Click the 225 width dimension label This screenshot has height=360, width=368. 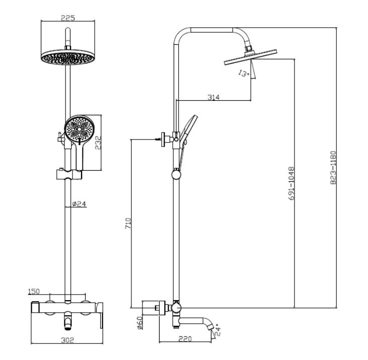click(67, 18)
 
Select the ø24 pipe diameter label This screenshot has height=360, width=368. click(80, 203)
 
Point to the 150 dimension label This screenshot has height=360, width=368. click(34, 292)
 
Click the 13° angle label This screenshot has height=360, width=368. click(243, 74)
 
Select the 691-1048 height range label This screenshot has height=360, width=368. click(290, 184)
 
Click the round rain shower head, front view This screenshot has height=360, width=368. click(67, 56)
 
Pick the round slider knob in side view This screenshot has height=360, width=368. click(176, 174)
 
